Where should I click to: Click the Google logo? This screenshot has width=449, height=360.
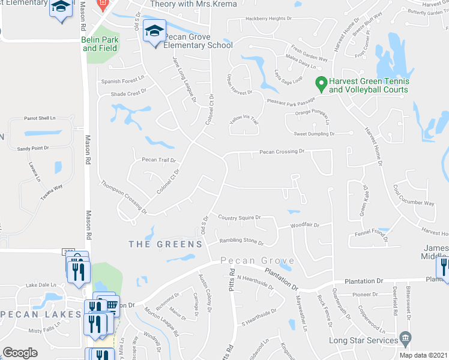click(x=20, y=352)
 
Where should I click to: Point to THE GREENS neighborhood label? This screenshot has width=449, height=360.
click(x=166, y=244)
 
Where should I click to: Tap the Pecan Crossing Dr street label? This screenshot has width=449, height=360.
click(x=282, y=152)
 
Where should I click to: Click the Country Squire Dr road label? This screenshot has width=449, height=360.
click(x=239, y=217)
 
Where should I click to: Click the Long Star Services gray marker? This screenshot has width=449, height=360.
click(x=405, y=339)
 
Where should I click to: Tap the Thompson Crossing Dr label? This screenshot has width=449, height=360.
click(x=124, y=197)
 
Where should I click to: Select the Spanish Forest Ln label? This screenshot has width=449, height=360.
click(x=123, y=79)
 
